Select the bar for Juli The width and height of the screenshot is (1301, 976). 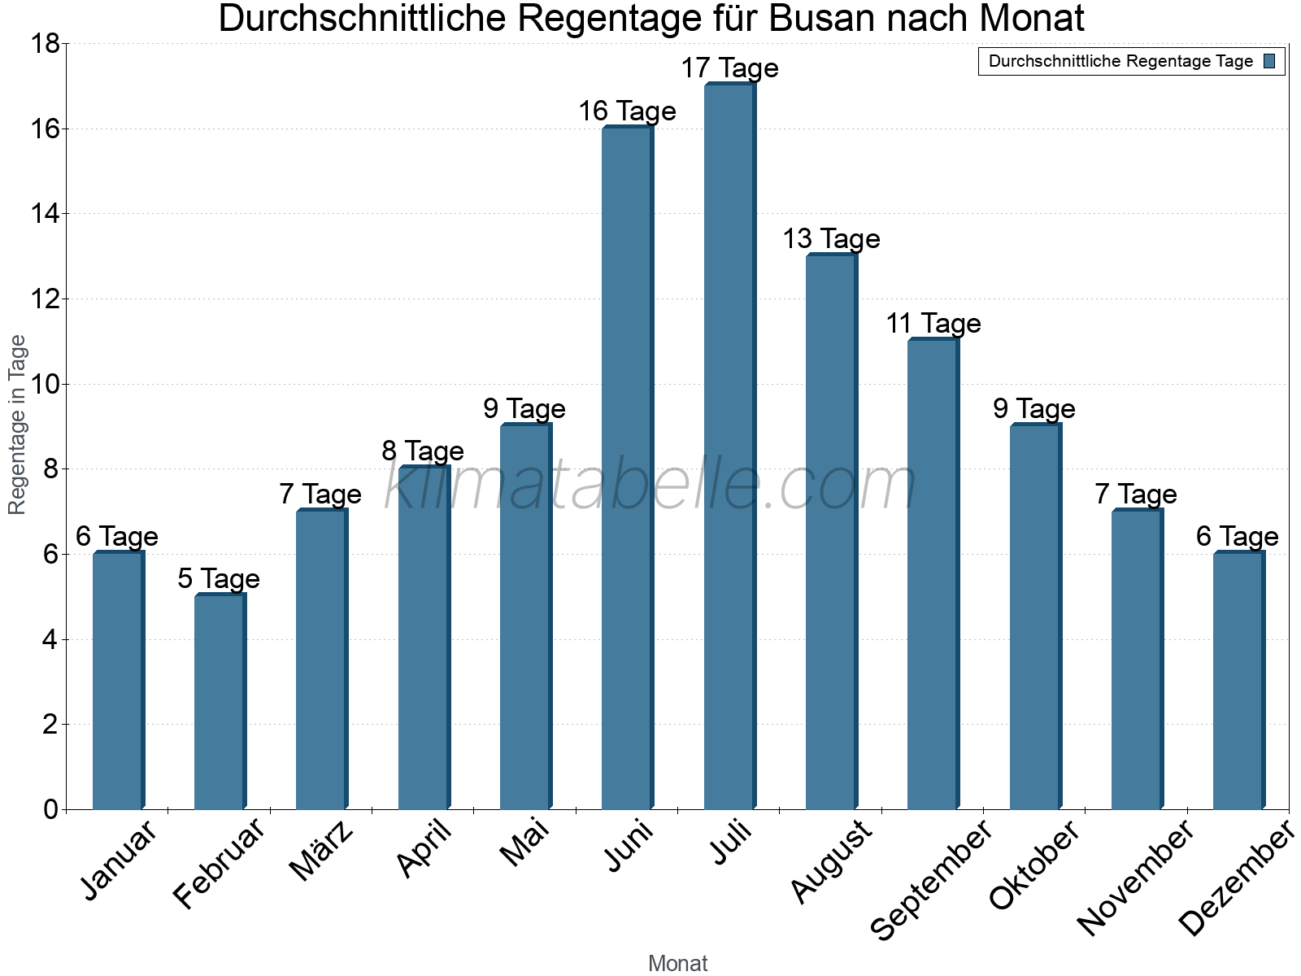point(729,447)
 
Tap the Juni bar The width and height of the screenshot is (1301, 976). point(627,468)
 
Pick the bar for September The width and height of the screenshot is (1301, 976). point(933,574)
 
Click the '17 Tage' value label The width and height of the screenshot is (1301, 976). point(729,68)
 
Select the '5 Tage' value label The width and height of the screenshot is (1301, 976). point(219,579)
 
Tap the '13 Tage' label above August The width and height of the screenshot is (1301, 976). point(831,239)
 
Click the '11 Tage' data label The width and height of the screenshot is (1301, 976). point(933,324)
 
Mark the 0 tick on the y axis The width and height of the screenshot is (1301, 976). point(50,809)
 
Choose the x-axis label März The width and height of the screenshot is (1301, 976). point(322,850)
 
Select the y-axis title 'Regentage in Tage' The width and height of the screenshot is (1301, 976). point(17,425)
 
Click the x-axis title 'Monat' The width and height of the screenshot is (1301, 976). point(677,963)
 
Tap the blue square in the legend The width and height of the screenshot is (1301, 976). point(1269,61)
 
